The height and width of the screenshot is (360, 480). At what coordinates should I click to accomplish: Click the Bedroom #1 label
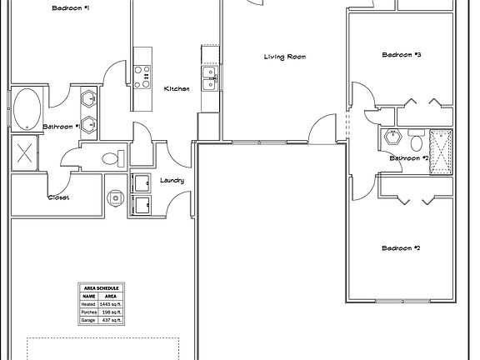point(71,7)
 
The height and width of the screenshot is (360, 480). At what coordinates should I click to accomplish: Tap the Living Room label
point(285,57)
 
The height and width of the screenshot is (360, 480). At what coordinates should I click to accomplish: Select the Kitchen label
point(177,88)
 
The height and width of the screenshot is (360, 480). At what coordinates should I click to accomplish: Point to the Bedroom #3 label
point(401,55)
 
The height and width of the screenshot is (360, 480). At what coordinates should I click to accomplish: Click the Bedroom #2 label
point(401,247)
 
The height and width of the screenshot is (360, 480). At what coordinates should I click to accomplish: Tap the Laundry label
point(172,180)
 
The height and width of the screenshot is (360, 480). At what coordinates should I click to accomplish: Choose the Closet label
point(58,197)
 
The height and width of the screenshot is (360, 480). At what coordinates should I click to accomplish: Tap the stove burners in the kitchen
point(142,76)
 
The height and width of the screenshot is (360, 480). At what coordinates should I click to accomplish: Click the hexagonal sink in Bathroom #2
point(392,136)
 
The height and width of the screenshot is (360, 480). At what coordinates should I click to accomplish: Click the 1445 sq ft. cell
point(110,304)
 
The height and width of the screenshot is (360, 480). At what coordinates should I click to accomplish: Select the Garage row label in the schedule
point(88,321)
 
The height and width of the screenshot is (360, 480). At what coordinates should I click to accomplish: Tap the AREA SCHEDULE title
point(101,287)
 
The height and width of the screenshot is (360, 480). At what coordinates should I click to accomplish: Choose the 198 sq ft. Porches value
point(110,312)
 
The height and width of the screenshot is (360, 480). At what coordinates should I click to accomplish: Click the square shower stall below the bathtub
point(24,152)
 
